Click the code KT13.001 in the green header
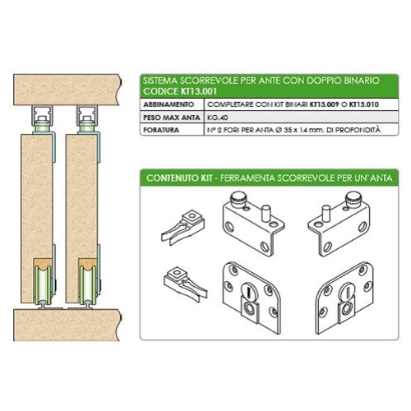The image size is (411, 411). (199, 91)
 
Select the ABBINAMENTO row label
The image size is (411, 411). (169, 104)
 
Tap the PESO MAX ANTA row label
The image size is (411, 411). (172, 118)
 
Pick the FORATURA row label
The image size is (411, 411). (161, 130)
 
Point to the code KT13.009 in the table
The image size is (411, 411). (324, 104)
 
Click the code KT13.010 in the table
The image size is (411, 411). (364, 104)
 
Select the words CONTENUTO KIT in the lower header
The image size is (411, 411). (179, 178)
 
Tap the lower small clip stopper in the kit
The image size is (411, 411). (186, 284)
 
